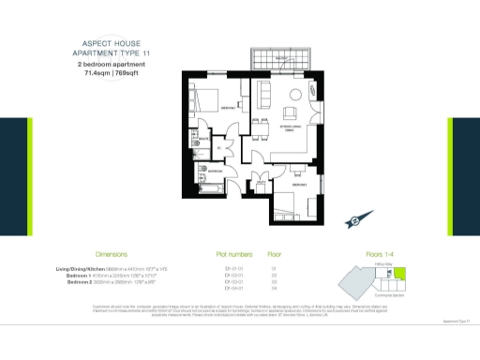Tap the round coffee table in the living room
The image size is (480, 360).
click(x=296, y=93)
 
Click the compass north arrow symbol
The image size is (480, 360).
click(x=356, y=221)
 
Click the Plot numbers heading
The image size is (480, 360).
click(x=233, y=254)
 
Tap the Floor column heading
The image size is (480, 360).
click(x=275, y=254)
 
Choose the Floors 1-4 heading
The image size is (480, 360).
click(x=359, y=254)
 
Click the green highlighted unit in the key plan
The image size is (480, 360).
click(x=403, y=272)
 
